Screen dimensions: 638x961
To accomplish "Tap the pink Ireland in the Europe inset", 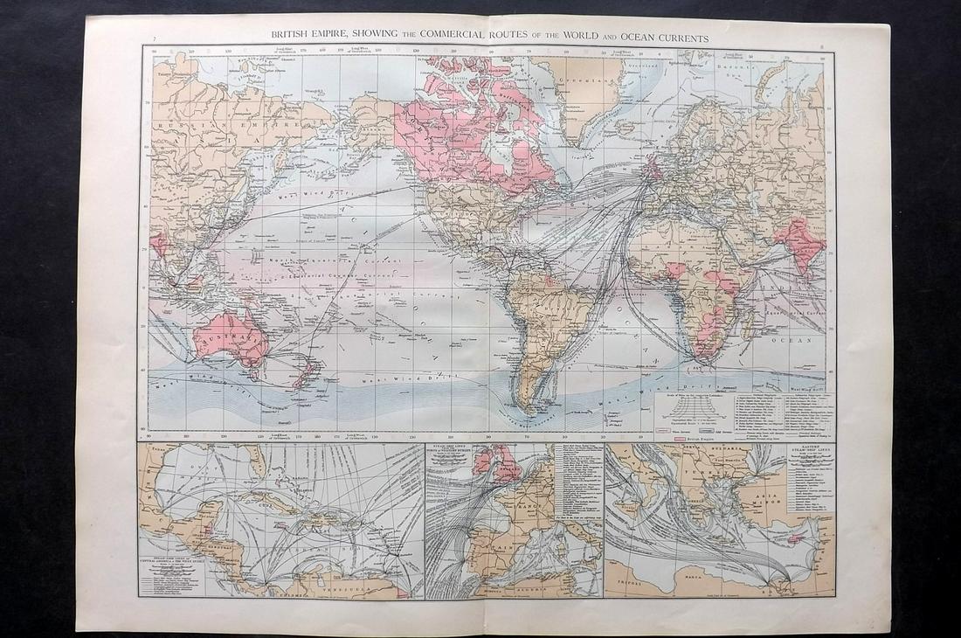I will point(482,462).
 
